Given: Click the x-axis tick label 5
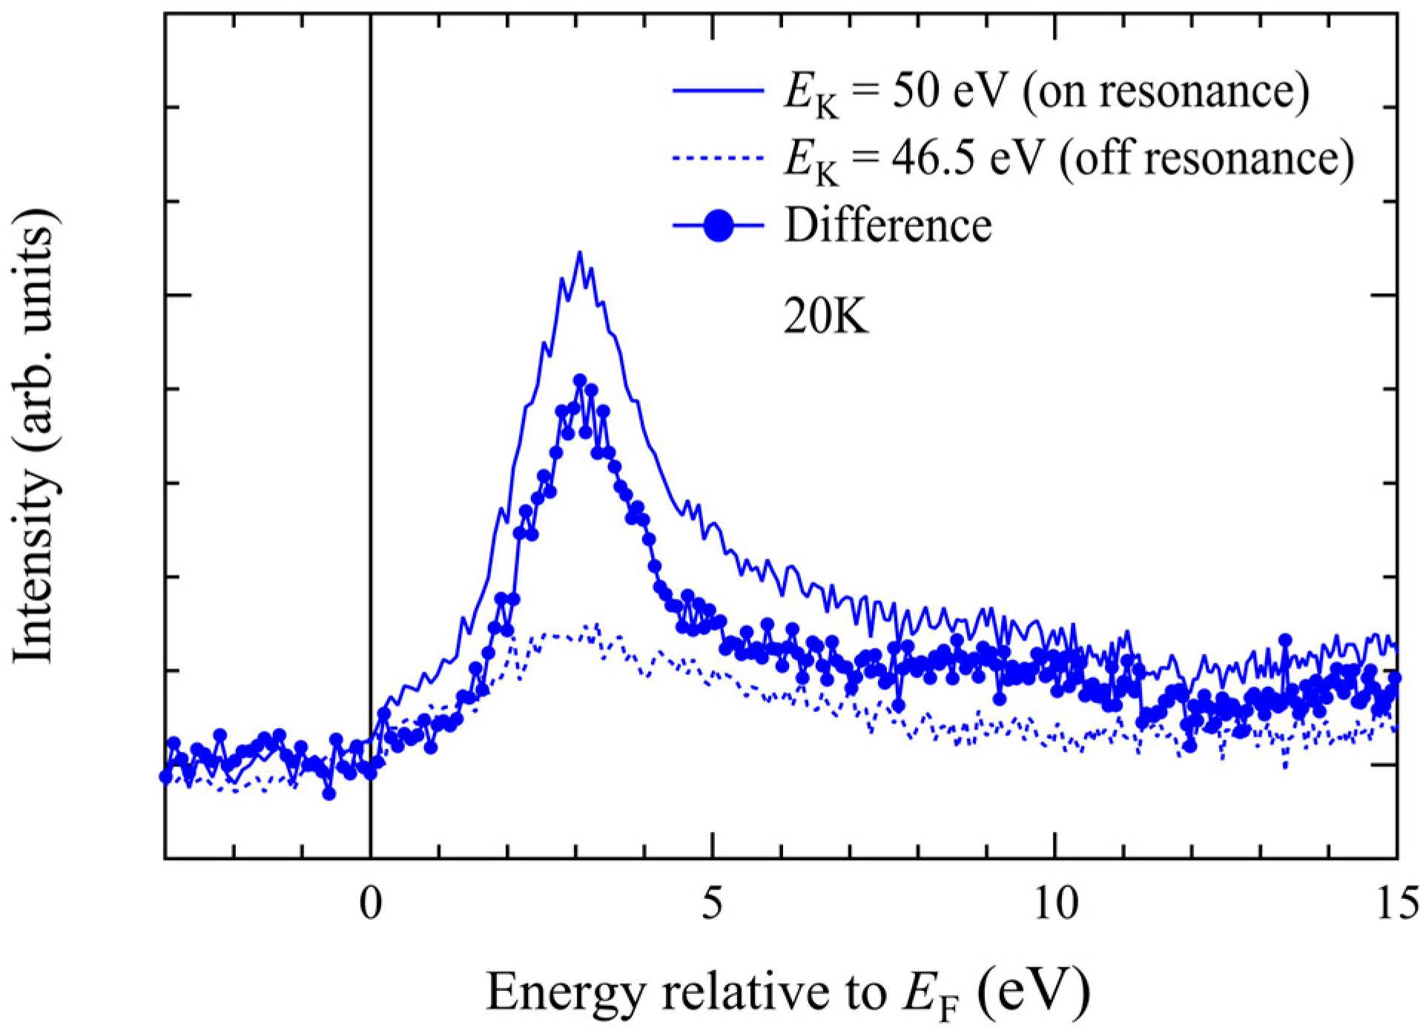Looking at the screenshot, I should click(712, 906).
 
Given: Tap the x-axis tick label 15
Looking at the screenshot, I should click(1396, 906).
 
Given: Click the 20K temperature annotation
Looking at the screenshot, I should click(825, 320).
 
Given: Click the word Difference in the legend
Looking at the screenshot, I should click(888, 224).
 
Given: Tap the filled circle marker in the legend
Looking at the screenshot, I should click(718, 224).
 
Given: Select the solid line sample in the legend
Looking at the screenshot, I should click(718, 91).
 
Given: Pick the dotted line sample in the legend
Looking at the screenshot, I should click(718, 157).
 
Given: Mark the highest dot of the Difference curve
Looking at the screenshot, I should click(580, 380).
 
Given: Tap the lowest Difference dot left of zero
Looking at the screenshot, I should click(329, 794).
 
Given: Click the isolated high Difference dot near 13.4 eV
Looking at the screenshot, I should click(1285, 639).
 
